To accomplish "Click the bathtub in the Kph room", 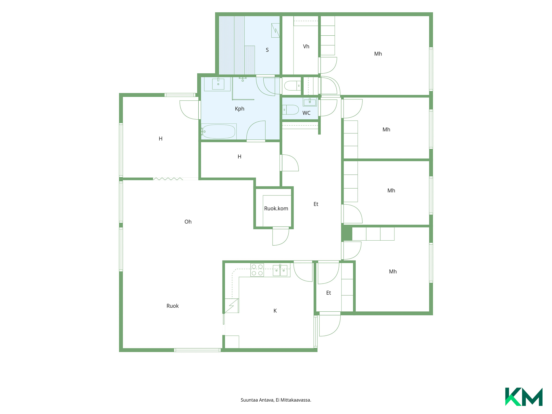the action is [x=219, y=132].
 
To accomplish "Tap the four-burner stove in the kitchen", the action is [x=257, y=270].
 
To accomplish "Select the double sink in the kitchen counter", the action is [x=280, y=270].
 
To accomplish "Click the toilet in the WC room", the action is [x=291, y=110].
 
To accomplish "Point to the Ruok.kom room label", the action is [x=276, y=208].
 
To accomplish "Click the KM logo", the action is [x=524, y=397].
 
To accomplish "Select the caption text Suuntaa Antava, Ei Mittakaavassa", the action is [x=276, y=400].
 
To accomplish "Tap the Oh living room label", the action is [x=188, y=222].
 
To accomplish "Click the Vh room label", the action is [x=306, y=47].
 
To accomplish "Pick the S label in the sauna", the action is [x=267, y=50].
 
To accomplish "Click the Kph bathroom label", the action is [x=239, y=109].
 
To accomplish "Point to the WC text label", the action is [x=306, y=113].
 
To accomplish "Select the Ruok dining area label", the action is [x=172, y=306].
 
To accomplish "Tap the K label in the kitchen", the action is [x=275, y=311].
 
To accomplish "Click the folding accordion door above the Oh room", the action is [x=168, y=179].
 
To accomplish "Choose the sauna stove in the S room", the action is [x=275, y=30].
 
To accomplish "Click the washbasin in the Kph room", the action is [x=218, y=84].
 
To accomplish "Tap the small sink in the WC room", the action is [x=310, y=102].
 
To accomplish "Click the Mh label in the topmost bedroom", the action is [x=378, y=54].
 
